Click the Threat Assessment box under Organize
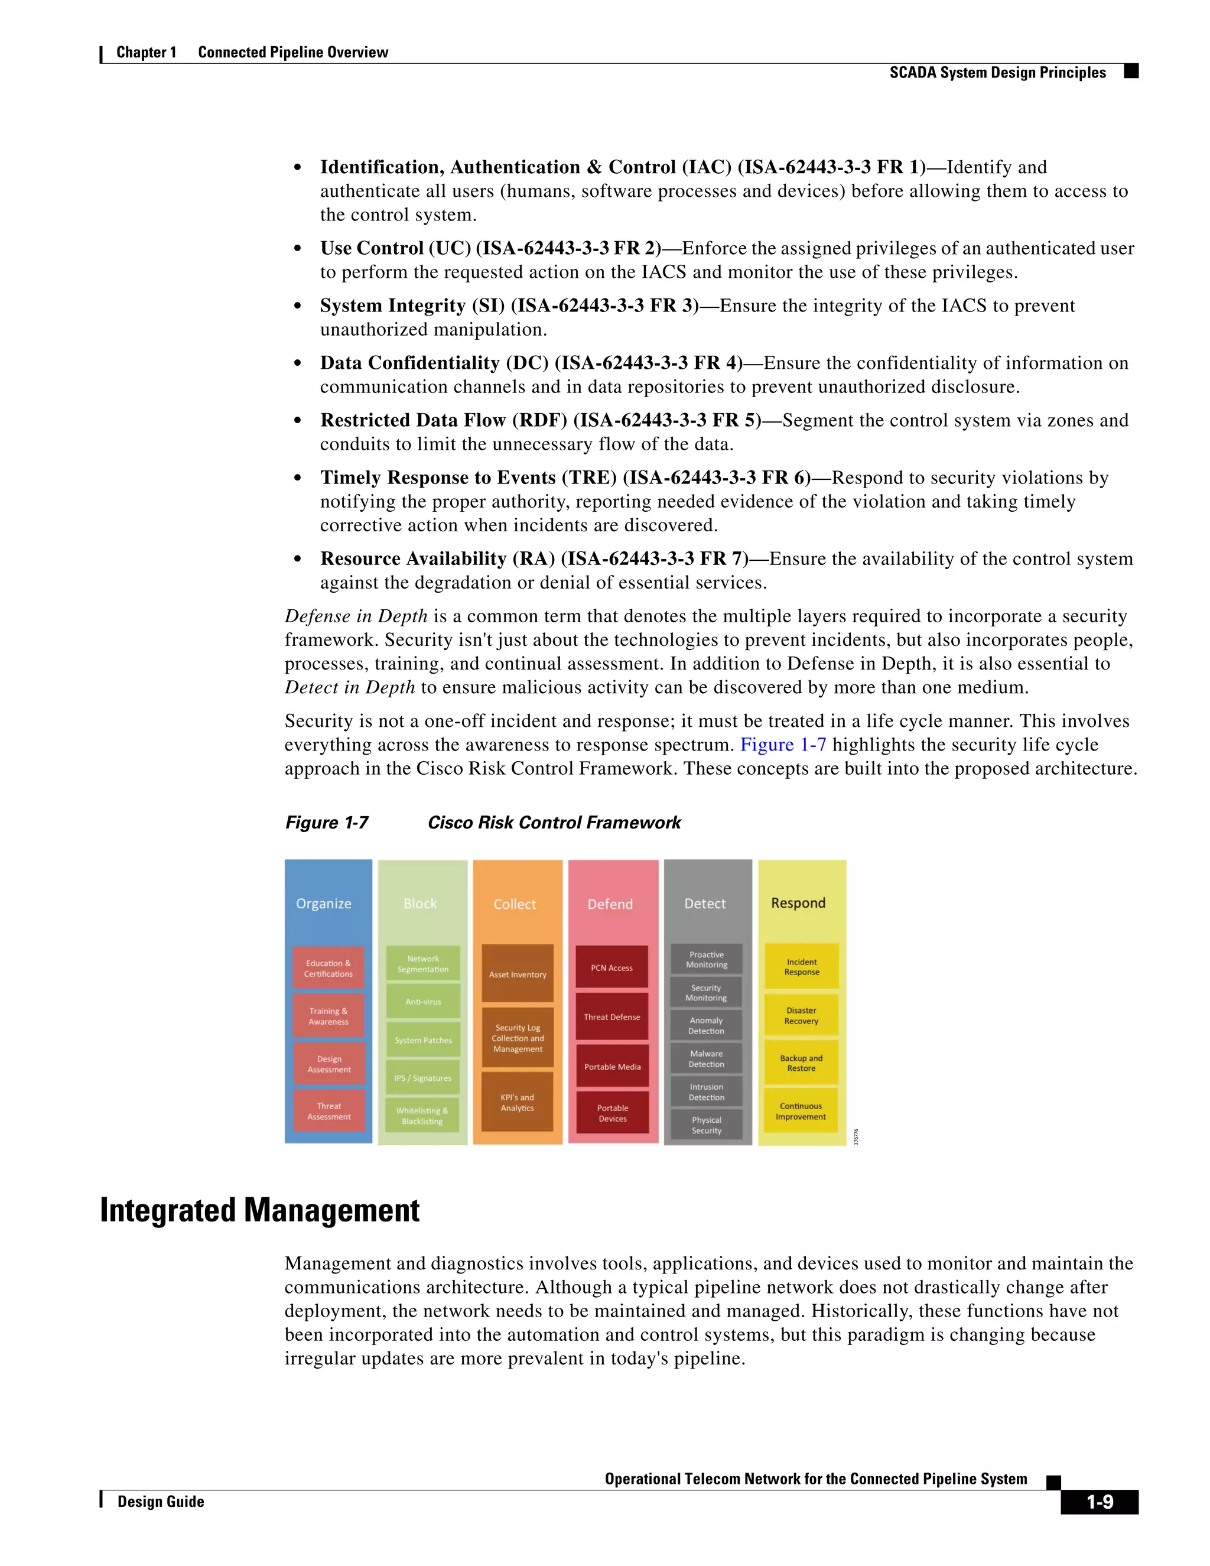(329, 1111)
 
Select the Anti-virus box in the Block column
(423, 1002)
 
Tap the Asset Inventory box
(518, 974)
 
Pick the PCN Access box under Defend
(611, 967)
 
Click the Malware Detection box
(706, 1058)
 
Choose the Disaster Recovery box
(801, 1015)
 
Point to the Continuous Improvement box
(801, 1111)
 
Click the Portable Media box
(612, 1066)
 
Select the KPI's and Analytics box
(517, 1102)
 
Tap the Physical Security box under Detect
(706, 1125)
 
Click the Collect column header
(515, 904)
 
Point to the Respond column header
(798, 903)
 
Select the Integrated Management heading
(259, 1210)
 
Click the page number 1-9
(1099, 1502)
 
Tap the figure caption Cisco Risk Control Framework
(554, 823)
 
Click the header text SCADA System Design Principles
(997, 73)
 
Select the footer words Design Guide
(161, 1502)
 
